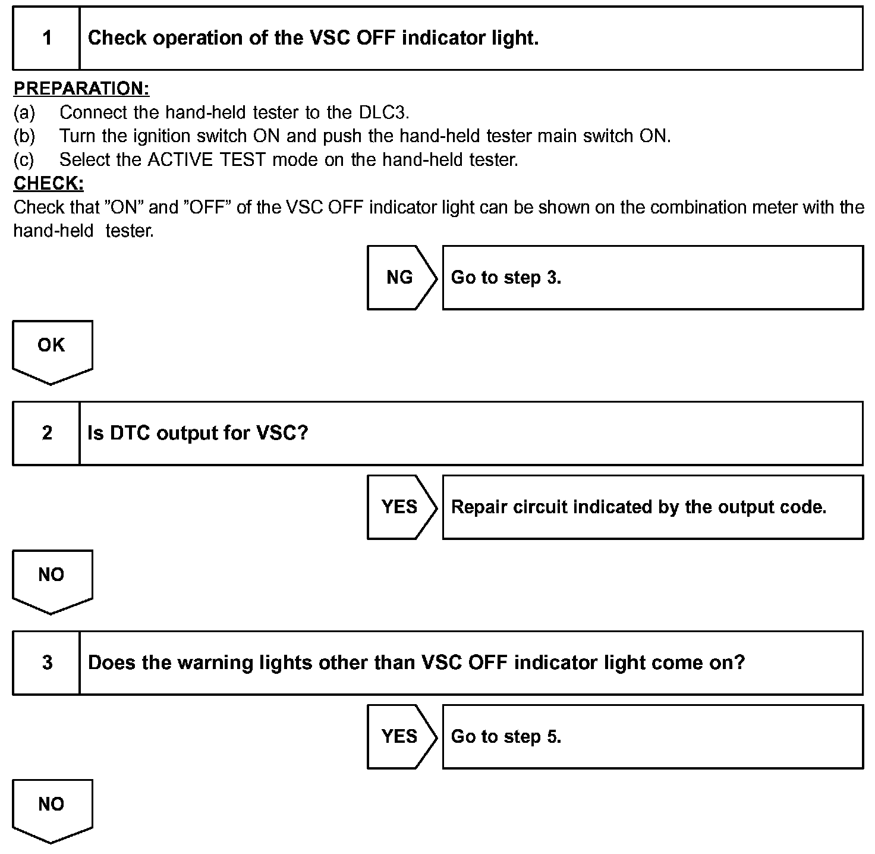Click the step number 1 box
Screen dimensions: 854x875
[46, 38]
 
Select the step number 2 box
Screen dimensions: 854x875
[46, 433]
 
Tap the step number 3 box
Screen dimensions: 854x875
[46, 663]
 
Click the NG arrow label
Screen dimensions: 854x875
[400, 277]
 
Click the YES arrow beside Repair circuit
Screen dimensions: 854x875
[400, 507]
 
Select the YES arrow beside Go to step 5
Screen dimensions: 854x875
[400, 736]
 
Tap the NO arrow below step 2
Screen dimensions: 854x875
[52, 579]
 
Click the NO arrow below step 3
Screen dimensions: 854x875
[52, 809]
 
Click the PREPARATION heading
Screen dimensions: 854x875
[81, 89]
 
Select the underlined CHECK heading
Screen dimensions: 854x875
[48, 184]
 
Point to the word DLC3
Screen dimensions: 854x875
[383, 112]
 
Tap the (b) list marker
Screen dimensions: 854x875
[24, 136]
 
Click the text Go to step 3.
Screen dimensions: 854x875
[506, 278]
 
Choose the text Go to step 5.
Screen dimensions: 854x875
[506, 737]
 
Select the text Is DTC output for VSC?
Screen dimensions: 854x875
[198, 433]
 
